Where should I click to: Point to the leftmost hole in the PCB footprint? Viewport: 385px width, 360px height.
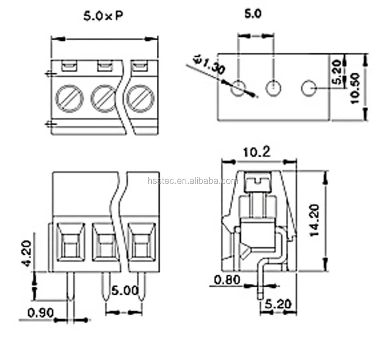coord(238,87)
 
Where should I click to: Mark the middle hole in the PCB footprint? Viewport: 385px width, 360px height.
coord(273,87)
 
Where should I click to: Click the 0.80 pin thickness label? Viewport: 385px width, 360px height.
coord(227,280)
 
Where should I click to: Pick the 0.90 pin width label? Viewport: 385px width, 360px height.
coord(40,312)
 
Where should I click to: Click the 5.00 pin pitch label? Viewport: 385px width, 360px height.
coord(125,291)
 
